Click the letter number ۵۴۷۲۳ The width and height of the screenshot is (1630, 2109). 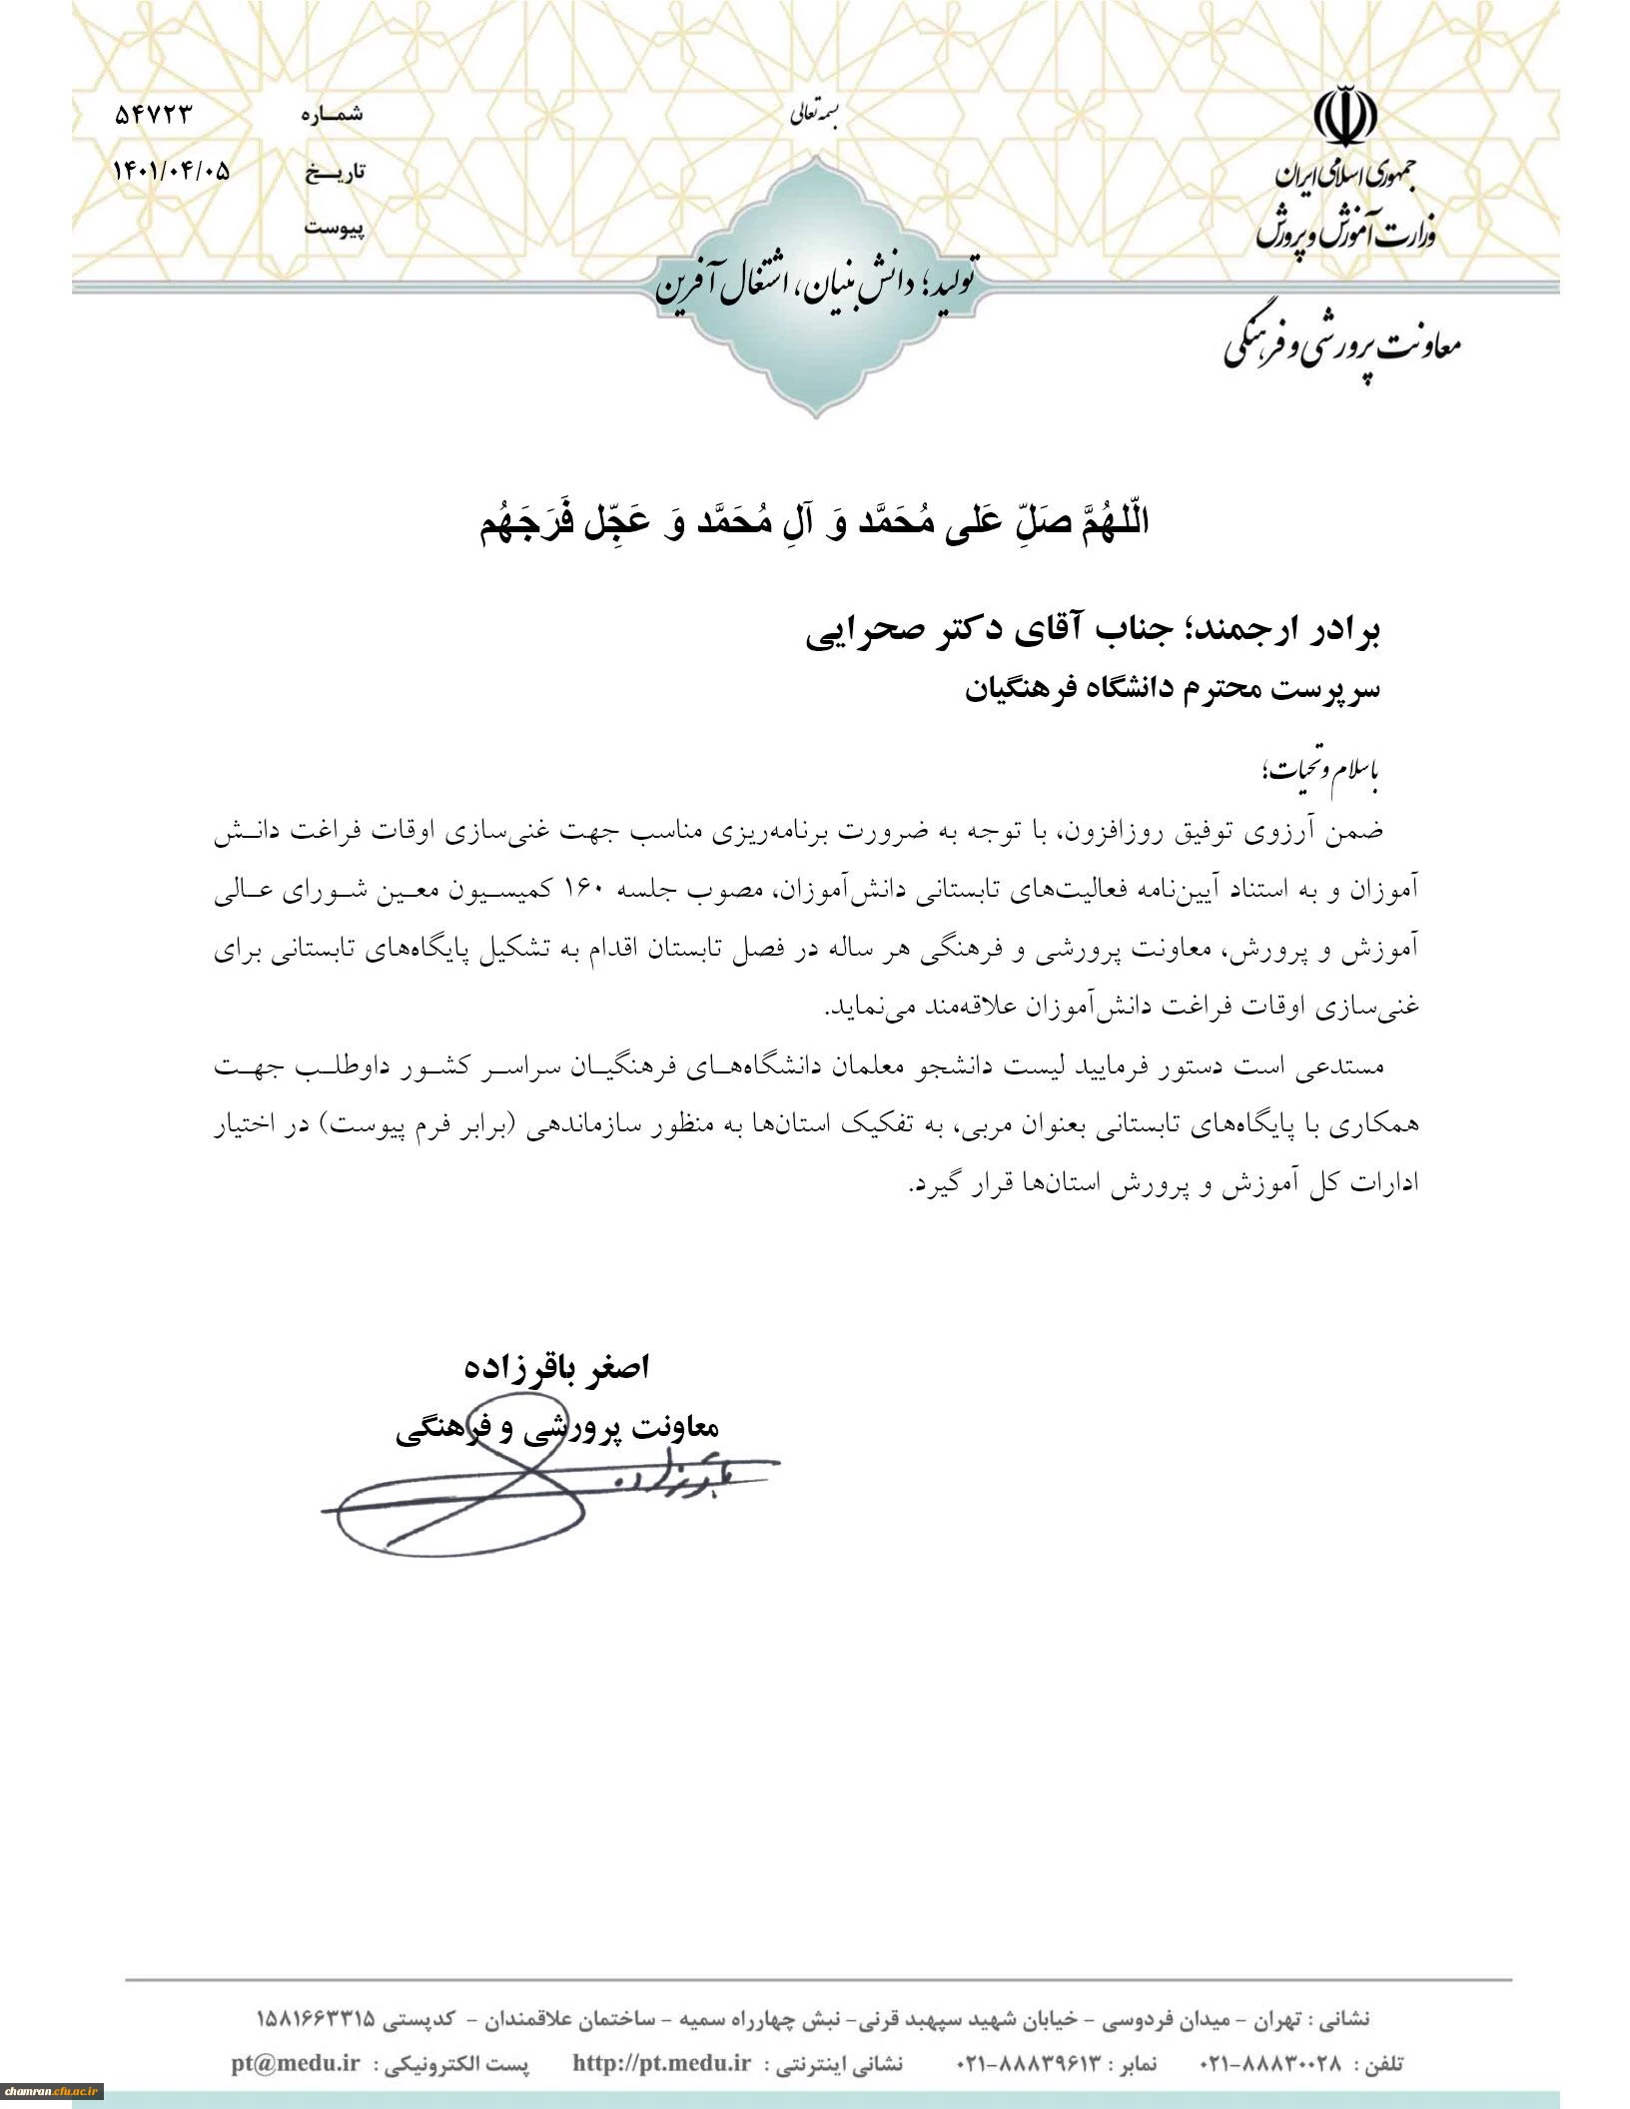152,115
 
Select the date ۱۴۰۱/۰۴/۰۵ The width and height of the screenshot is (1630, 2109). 172,171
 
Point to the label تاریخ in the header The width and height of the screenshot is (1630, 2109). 335,172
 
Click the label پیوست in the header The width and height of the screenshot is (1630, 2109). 335,228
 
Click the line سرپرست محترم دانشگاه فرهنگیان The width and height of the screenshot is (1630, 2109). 1173,690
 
